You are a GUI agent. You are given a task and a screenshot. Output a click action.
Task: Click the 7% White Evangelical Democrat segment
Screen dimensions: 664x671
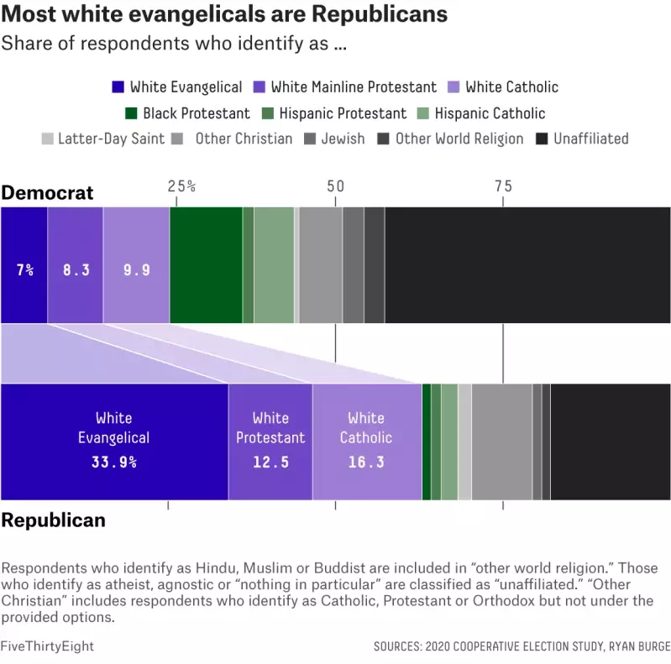[x=24, y=264]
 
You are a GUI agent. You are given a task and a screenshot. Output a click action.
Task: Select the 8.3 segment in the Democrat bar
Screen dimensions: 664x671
[x=76, y=264]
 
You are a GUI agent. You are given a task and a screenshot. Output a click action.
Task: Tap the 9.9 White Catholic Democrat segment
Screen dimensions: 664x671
[x=136, y=264]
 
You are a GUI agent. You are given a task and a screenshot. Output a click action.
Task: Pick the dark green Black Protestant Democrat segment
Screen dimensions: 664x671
[x=206, y=264]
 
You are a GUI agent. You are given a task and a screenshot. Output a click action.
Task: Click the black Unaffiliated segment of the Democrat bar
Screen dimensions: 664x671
[x=527, y=264]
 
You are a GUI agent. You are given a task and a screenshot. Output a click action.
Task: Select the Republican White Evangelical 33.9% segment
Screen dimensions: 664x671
[x=114, y=442]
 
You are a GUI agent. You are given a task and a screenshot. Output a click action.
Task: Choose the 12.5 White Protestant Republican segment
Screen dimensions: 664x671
[x=270, y=442]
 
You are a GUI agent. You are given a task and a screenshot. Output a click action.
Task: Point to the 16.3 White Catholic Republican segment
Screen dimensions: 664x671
[x=366, y=442]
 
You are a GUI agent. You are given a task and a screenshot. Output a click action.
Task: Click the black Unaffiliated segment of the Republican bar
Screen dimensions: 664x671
[x=611, y=442]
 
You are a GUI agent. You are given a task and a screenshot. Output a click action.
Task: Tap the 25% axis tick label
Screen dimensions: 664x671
[x=181, y=186]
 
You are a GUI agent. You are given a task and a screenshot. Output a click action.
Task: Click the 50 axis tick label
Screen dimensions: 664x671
[x=335, y=186]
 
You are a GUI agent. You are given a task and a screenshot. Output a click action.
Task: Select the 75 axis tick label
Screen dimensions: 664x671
[x=502, y=186]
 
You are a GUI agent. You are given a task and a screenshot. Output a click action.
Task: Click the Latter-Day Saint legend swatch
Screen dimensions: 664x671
[x=47, y=139]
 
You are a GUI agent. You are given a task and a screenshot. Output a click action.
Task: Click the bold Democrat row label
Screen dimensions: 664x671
[x=47, y=193]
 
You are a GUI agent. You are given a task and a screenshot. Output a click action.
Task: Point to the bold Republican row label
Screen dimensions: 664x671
[x=53, y=520]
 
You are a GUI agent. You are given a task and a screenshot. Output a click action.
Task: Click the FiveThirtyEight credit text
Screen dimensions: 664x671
[x=47, y=646]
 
